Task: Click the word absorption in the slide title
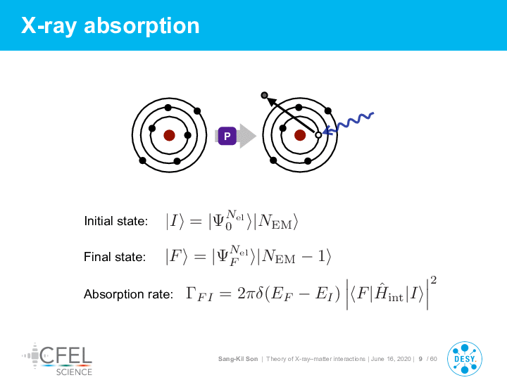coord(142,26)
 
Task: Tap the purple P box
coord(227,136)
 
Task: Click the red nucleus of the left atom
coord(169,135)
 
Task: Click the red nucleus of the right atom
coord(300,135)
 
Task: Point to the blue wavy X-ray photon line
coord(349,122)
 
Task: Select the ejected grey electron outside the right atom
coord(265,95)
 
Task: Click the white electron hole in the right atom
coord(318,135)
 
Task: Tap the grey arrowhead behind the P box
coord(248,136)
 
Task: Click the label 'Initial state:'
coord(115,221)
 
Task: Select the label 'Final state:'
coord(115,257)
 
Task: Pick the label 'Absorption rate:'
coord(128,294)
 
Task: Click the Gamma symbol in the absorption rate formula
coord(191,293)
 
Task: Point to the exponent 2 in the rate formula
coord(434,280)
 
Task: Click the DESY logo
coord(465,359)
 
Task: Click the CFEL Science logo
coord(57,360)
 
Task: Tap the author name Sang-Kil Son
coord(238,359)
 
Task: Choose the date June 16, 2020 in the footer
coord(391,359)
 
